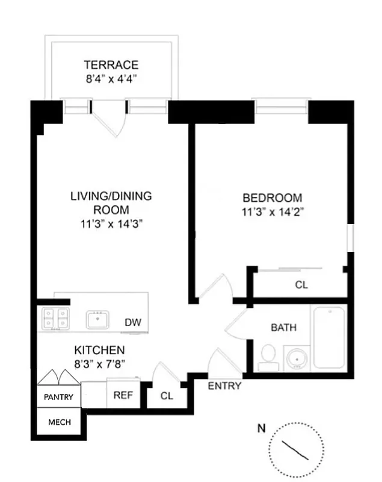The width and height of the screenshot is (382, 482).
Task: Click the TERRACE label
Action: pos(111,65)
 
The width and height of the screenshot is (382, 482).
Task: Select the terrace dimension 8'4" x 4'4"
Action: pos(111,78)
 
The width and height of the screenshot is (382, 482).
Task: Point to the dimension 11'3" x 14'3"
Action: pos(111,224)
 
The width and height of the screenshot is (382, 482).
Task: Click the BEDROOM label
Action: pos(273,198)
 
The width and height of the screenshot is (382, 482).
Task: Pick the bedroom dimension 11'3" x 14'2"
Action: pos(273,211)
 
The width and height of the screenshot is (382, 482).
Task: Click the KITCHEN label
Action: pos(99,350)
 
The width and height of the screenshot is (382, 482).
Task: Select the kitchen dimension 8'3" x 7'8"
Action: pos(99,363)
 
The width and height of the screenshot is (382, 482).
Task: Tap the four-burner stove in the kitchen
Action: pos(55,319)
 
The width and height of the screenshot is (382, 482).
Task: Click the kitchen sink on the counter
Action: pos(97,319)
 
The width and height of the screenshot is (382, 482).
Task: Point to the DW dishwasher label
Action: pos(133,322)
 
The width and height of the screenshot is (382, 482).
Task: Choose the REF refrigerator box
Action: pos(123,396)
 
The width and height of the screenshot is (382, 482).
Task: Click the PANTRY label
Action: pos(59,397)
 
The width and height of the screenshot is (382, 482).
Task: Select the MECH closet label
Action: pos(59,422)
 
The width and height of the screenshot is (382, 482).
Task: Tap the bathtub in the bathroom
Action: pos(328,337)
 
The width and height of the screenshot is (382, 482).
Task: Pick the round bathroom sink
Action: pos(295,357)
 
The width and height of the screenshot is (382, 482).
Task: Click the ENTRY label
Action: pos(224,386)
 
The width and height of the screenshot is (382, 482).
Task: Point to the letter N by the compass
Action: pos(261,429)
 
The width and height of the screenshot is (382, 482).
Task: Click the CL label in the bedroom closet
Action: pos(301,285)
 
